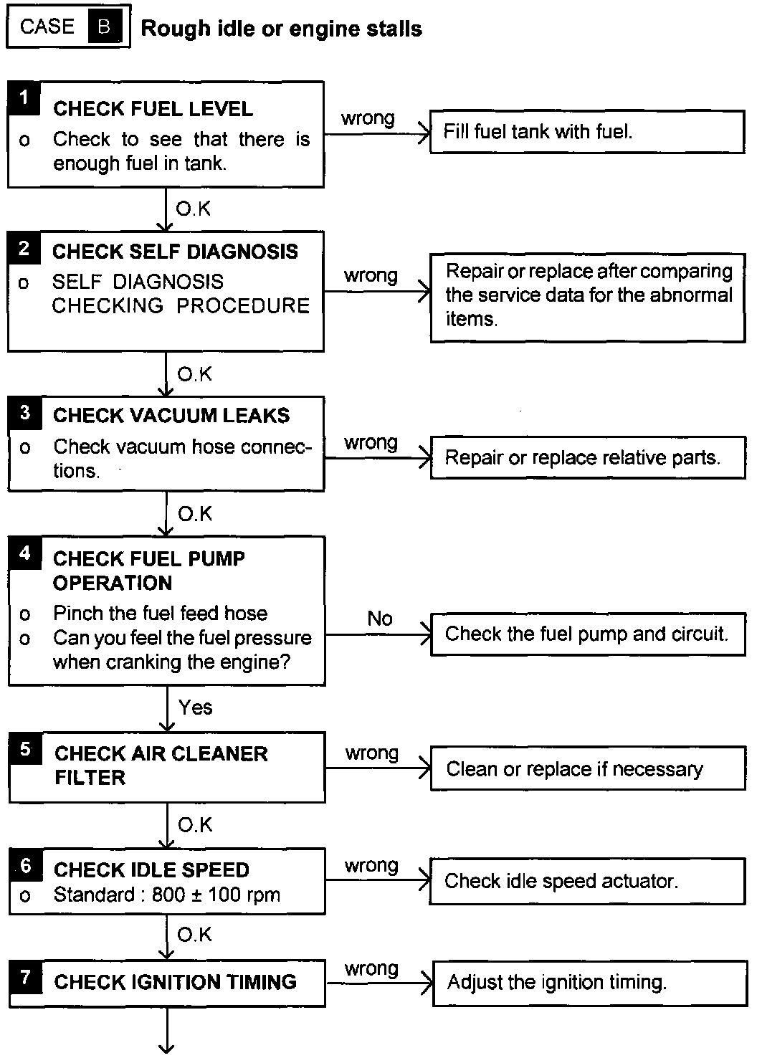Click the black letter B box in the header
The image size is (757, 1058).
click(x=104, y=28)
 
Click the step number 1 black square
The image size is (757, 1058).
click(x=24, y=97)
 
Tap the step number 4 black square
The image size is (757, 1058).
click(x=25, y=553)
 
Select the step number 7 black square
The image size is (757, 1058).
click(x=25, y=976)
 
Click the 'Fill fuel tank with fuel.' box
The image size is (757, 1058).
click(x=586, y=131)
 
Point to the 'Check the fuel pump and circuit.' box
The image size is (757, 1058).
click(x=587, y=634)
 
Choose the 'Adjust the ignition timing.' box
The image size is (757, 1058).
click(x=589, y=982)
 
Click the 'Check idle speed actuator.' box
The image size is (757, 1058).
click(x=587, y=881)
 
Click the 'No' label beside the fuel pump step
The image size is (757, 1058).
click(x=379, y=619)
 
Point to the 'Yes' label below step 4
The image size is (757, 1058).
click(x=195, y=707)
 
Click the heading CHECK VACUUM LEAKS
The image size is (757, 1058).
click(x=171, y=416)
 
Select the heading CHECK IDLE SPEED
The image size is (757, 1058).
click(x=151, y=870)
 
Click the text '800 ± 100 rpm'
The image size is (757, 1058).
click(x=216, y=895)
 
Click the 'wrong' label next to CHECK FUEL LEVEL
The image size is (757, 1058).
click(x=368, y=118)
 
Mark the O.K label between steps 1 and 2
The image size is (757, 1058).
click(x=193, y=209)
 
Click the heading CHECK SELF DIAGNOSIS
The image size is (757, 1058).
click(x=175, y=252)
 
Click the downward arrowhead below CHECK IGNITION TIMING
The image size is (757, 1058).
click(x=166, y=1048)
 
